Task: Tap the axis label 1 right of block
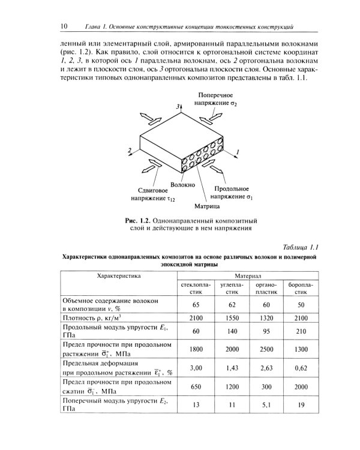click(238, 153)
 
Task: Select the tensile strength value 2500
click(262, 349)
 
